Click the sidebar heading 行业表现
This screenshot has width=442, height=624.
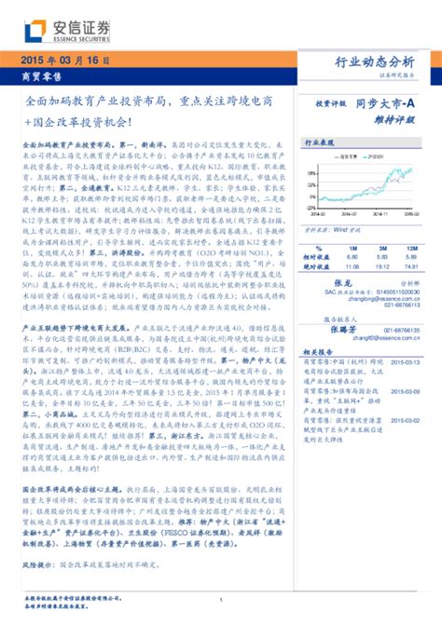click(320, 145)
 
